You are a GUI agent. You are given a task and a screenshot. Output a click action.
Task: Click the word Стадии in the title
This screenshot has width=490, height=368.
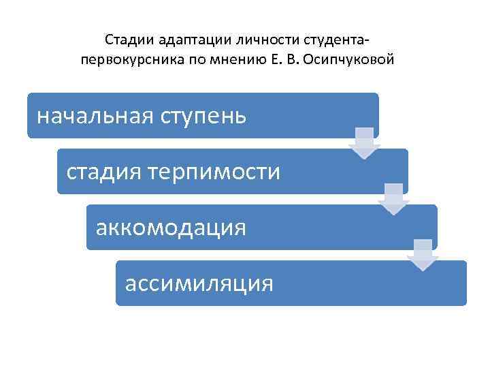tap(125, 40)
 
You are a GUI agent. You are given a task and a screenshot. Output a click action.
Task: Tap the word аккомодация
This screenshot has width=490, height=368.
tap(171, 227)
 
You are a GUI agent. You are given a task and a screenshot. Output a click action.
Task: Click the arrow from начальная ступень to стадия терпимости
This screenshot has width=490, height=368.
tap(365, 142)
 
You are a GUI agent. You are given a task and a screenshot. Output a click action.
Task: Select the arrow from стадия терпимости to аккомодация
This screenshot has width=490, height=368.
tap(394, 198)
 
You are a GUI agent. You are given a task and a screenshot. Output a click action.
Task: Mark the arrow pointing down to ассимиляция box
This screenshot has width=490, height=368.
tap(423, 254)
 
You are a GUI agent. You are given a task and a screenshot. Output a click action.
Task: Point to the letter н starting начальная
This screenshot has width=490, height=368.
tap(43, 117)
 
